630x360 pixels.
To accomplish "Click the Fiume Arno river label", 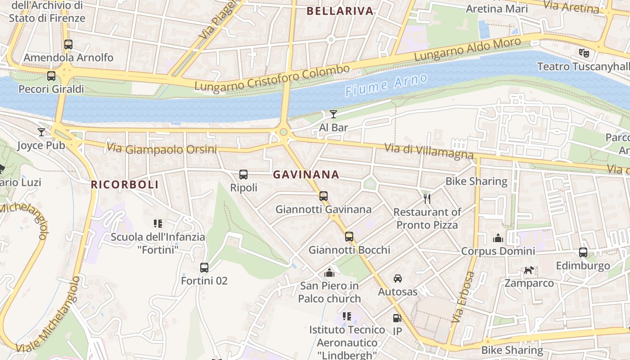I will point(386,85).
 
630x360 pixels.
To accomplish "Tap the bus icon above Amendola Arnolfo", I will point(68,45).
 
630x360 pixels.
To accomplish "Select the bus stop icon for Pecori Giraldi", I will point(51,76).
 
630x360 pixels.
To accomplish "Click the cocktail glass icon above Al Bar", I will point(333,114).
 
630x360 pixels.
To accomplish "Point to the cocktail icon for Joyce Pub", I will point(41,132).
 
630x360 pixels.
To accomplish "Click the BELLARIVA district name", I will point(340,11).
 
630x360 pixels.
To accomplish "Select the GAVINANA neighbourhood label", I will point(306,175).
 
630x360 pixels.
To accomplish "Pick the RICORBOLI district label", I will point(125,184).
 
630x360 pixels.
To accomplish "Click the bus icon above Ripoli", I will point(243,174).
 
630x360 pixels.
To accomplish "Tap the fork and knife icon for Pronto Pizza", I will point(427,198).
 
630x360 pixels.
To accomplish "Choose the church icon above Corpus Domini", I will point(498,238).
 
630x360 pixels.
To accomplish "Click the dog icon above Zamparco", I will point(529,270).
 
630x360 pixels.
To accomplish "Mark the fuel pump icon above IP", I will point(397,318).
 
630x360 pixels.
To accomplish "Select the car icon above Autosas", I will point(397,279).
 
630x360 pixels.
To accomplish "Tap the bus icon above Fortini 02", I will point(204,267).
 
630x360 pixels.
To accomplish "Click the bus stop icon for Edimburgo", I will point(583,252).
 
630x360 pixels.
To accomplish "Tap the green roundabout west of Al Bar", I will point(283,132).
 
